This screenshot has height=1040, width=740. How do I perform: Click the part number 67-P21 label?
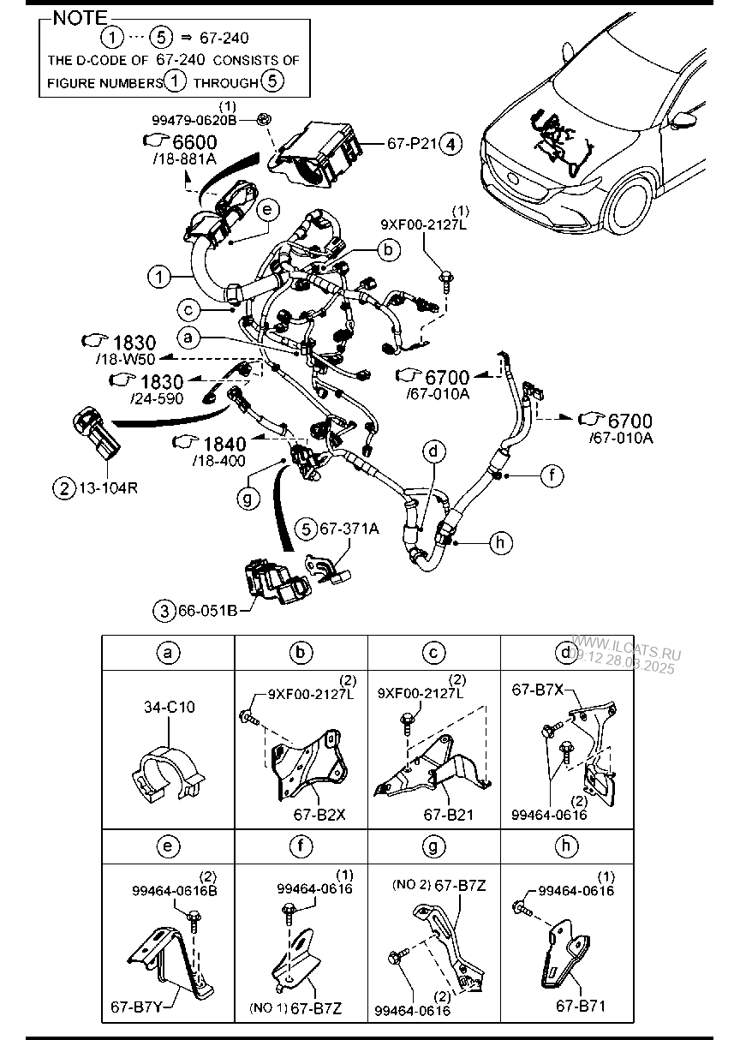(x=412, y=144)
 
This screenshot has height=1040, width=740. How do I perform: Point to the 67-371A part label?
(x=349, y=529)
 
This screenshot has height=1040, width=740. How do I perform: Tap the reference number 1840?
(x=225, y=444)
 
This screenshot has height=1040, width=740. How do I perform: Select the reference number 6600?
(x=195, y=142)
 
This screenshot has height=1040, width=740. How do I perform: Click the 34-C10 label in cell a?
(x=169, y=708)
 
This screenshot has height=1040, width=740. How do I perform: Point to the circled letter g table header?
(x=433, y=846)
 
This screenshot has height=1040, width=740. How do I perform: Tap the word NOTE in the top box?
(x=81, y=19)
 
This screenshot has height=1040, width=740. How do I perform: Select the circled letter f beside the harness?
(x=552, y=474)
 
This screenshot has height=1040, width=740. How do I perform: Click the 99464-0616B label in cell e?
(x=175, y=891)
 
